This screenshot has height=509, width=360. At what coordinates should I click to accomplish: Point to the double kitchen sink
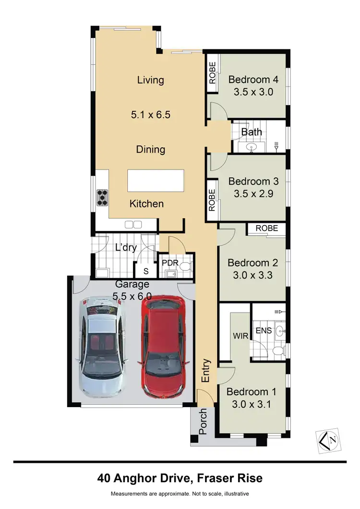pos(133,224)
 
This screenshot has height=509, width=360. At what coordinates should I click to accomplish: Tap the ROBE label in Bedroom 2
pos(266,229)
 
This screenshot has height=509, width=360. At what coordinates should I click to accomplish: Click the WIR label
pos(240,336)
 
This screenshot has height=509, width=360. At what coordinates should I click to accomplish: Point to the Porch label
pos(203,421)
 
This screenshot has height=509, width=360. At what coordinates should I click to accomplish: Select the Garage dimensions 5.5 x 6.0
pos(132,296)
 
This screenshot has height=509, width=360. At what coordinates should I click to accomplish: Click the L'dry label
pos(126,248)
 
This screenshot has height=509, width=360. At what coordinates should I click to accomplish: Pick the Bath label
pos(251,132)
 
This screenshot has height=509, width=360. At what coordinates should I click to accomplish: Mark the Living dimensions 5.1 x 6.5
pos(151,115)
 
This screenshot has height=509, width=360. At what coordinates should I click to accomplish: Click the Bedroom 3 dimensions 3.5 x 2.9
pos(253,194)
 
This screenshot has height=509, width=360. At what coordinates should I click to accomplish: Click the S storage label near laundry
pos(146,271)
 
